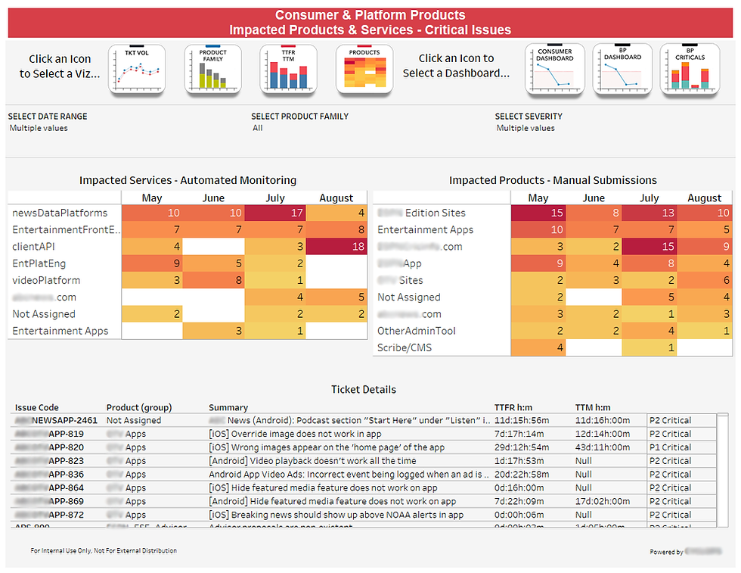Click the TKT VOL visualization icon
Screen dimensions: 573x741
click(137, 70)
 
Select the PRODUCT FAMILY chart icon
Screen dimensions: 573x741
click(212, 70)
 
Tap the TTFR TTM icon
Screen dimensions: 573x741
click(288, 70)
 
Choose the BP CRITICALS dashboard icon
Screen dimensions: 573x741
click(689, 70)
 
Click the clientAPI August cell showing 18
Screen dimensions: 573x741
click(336, 247)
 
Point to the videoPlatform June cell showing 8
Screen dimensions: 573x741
click(213, 281)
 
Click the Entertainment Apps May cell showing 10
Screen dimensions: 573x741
click(538, 230)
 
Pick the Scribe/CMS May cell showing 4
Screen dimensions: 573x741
click(538, 348)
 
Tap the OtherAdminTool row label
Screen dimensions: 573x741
click(417, 332)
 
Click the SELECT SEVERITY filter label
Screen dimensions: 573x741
click(530, 117)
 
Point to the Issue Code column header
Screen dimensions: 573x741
click(36, 407)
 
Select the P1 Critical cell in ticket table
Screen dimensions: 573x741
click(671, 447)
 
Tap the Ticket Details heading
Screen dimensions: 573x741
click(363, 390)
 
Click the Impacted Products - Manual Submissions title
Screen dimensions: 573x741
click(553, 180)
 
